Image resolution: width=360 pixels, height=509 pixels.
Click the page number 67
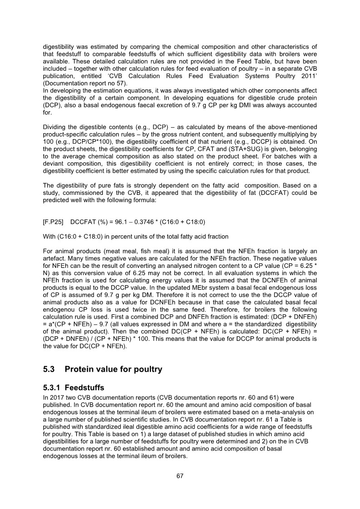click(180, 476)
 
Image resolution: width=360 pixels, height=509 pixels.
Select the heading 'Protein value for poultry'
click(113, 369)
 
